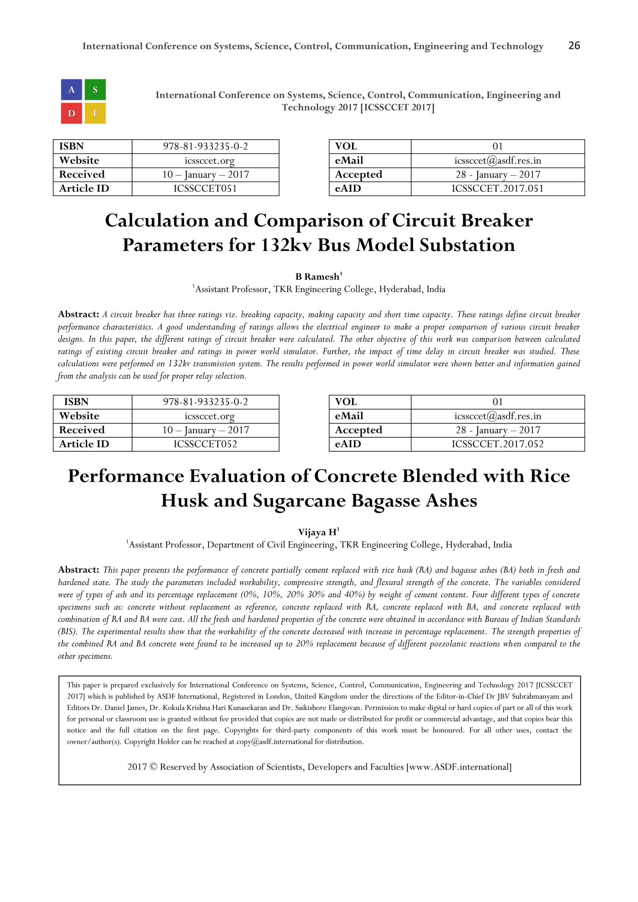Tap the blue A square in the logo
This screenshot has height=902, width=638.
point(72,90)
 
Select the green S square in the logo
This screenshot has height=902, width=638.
point(95,90)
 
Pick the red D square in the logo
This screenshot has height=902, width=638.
point(72,114)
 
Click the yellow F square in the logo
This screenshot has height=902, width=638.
point(95,114)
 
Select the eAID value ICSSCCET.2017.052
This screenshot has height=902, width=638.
point(498,444)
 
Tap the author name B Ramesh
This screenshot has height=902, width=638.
point(317,277)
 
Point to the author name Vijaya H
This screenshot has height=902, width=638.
point(317,532)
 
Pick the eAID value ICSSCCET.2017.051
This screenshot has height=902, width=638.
point(498,188)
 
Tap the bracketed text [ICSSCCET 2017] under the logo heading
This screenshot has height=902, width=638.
point(397,107)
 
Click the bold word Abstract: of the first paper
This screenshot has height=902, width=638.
point(79,314)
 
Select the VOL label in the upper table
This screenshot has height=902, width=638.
point(346,146)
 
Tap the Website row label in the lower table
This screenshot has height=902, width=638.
point(79,416)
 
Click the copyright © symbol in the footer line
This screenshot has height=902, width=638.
point(153,767)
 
